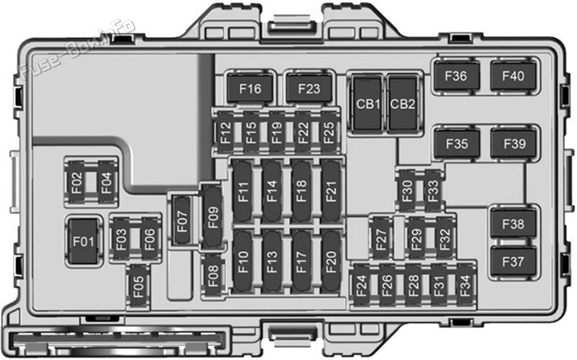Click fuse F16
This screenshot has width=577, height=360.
[250, 88]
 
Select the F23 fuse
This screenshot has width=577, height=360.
[309, 88]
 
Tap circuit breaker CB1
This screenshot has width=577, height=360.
[368, 104]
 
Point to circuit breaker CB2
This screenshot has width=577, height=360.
[402, 104]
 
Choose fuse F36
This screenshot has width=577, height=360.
[457, 76]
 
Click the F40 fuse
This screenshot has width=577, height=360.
[513, 76]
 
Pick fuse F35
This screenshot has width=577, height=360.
[457, 143]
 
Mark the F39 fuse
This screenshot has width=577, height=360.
[514, 143]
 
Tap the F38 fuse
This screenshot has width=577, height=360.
[513, 223]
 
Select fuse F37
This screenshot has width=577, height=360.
[513, 262]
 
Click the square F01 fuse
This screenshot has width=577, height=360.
[83, 241]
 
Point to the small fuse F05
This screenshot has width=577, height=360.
[138, 287]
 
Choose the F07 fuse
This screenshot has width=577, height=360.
[182, 221]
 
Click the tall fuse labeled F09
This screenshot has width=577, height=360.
[213, 217]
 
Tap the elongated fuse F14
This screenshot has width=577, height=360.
[271, 191]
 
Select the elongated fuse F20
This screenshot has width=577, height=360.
[331, 262]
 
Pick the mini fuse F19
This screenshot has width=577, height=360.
[277, 133]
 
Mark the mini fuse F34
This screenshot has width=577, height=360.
[465, 286]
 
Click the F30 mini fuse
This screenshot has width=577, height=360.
[407, 190]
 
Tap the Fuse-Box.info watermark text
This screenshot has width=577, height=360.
[77, 49]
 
